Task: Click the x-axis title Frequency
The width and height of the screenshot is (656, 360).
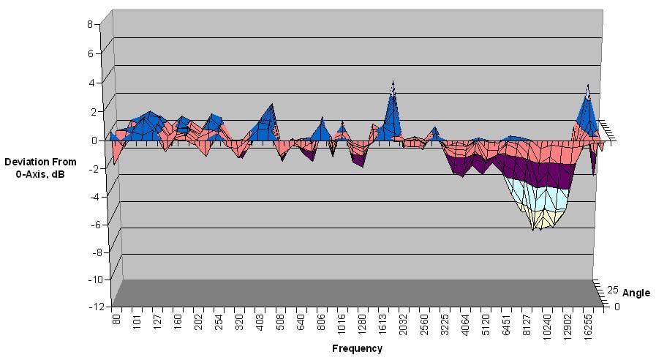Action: [x=357, y=348]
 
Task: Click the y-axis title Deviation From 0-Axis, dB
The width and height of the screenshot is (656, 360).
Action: [x=35, y=167]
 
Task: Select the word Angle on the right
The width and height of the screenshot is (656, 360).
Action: [x=636, y=293]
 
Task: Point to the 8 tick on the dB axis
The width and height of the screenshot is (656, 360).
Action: [x=90, y=23]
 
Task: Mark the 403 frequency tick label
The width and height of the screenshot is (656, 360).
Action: [x=260, y=321]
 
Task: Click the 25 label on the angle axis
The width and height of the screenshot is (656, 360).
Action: [x=613, y=289]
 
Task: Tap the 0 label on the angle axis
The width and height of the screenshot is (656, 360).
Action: [x=617, y=307]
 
